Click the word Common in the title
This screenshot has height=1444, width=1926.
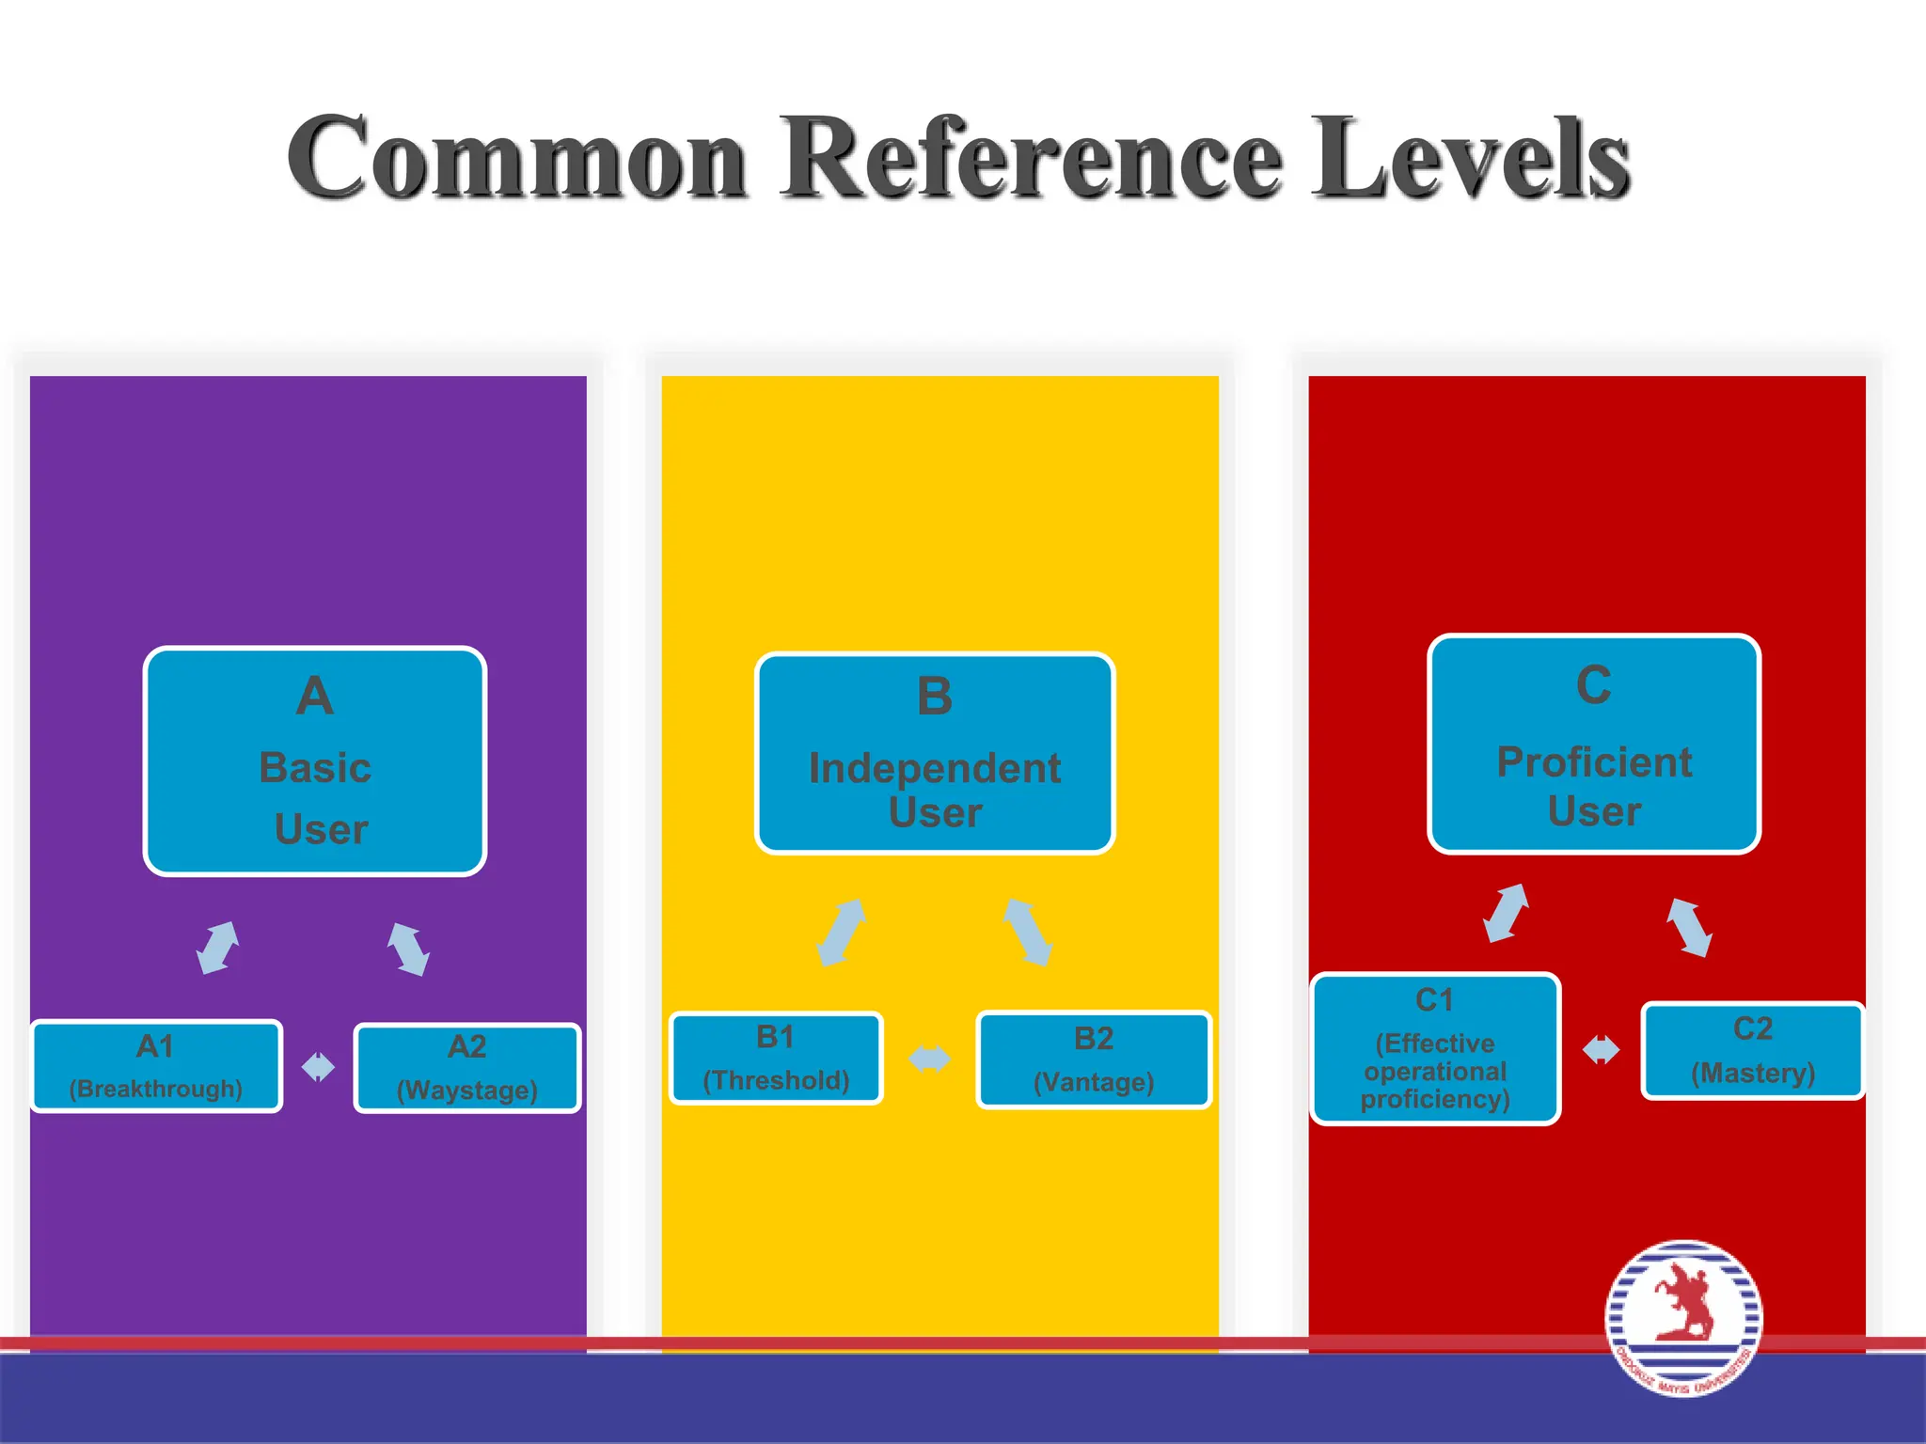pos(518,158)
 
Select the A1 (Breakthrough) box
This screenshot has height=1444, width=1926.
pos(156,1066)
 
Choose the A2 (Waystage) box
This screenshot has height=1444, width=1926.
pos(467,1068)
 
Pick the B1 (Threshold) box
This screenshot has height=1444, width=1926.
pos(776,1059)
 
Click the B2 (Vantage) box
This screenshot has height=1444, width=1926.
pos(1094,1059)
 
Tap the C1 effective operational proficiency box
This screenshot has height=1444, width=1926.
pos(1435,1049)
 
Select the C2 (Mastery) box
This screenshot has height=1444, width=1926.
pos(1752,1050)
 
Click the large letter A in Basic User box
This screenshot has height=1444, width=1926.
pos(315,697)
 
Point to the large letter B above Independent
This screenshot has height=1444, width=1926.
pos(935,697)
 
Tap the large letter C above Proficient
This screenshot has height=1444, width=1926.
pos(1594,684)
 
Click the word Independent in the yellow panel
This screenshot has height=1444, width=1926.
pos(935,768)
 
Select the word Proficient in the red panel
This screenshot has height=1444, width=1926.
pos(1594,761)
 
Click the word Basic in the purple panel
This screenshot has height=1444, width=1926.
pos(315,767)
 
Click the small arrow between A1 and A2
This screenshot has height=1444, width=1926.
pos(318,1067)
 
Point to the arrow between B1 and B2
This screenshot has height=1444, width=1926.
pos(929,1059)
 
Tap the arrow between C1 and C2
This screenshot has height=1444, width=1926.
pos(1601,1049)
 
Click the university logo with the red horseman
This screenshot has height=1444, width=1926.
pos(1683,1318)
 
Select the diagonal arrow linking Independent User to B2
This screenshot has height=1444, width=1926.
pos(1027,932)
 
